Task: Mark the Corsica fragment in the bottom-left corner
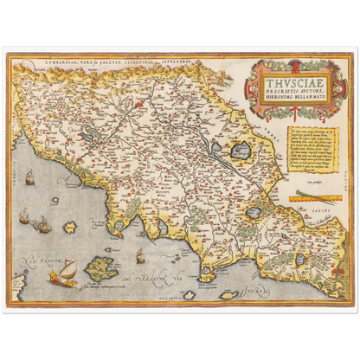click(x=19, y=286)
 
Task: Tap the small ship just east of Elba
click(x=139, y=255)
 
